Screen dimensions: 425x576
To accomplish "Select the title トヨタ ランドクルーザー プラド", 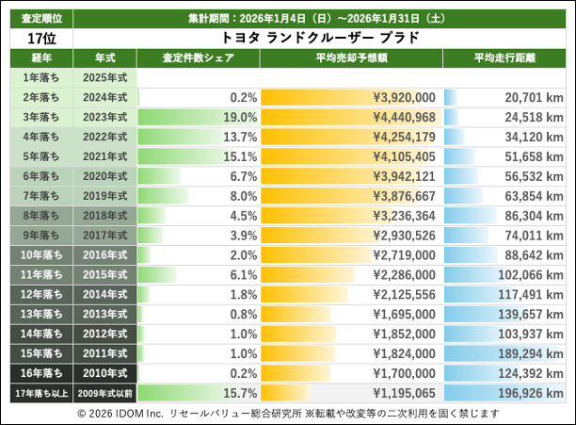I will click(319, 38).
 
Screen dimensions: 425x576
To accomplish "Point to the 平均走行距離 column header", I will click(504, 57).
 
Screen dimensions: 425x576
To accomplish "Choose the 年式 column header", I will click(104, 57).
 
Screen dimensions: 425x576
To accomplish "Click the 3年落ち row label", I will click(40, 117).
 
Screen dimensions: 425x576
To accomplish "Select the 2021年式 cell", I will click(104, 156).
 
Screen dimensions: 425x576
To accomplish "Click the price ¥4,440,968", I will click(404, 117).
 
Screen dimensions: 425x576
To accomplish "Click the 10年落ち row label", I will click(40, 254).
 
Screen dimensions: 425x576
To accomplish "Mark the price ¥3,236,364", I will click(404, 215).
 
